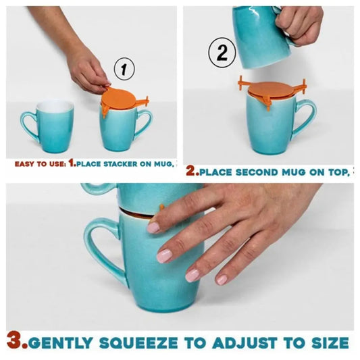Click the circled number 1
click(x=124, y=69)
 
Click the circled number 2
click(x=222, y=53)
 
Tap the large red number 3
click(x=16, y=343)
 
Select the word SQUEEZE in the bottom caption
click(x=138, y=343)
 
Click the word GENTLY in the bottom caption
click(x=60, y=343)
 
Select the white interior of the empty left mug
click(x=55, y=105)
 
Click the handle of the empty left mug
click(x=28, y=124)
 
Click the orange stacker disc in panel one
click(x=118, y=98)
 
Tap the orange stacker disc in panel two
click(x=270, y=90)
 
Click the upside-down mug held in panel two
click(x=262, y=36)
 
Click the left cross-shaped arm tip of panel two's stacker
click(x=241, y=82)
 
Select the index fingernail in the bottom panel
click(x=153, y=228)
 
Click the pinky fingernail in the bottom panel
click(x=221, y=280)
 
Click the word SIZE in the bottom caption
click(x=330, y=343)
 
